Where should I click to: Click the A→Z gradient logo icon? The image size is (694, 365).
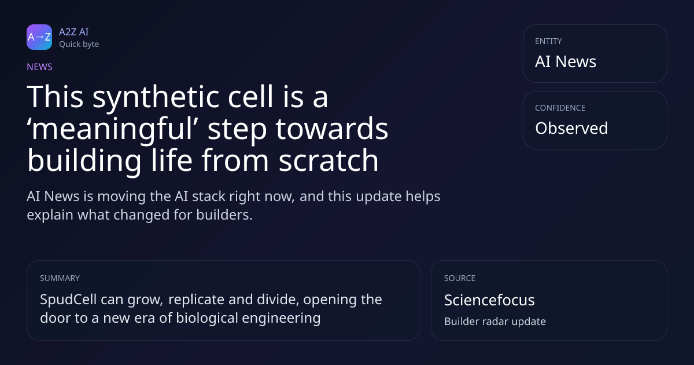click(x=39, y=37)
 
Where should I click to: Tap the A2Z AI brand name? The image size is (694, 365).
click(x=74, y=32)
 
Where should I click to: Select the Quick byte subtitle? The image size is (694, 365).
click(x=79, y=45)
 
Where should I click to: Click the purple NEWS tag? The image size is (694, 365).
click(x=40, y=67)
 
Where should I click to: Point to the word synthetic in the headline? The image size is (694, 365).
click(x=156, y=97)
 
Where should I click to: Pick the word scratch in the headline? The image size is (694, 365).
click(x=328, y=160)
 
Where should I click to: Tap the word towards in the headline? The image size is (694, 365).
click(x=332, y=128)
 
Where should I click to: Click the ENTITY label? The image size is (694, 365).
click(x=548, y=41)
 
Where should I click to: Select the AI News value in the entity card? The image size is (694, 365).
click(x=566, y=61)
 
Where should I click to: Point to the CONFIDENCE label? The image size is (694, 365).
click(x=560, y=108)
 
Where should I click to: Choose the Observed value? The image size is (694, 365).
click(x=571, y=128)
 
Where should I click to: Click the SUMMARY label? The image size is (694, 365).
click(x=60, y=278)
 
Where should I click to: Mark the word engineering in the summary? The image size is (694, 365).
click(x=281, y=319)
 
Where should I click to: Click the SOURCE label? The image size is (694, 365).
click(x=460, y=278)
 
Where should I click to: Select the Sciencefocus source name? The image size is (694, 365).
click(x=489, y=300)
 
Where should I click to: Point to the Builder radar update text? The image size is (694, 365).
click(x=495, y=322)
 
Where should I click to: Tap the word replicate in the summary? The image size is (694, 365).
click(x=196, y=300)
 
